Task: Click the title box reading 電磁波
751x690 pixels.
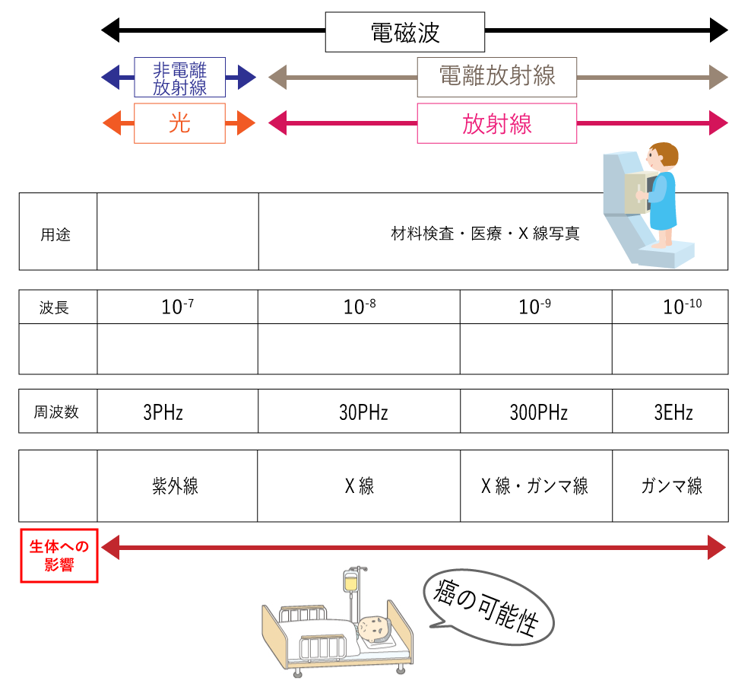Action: coord(404,33)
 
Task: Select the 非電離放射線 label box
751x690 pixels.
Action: coord(180,78)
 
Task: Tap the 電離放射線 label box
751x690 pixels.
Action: coord(496,77)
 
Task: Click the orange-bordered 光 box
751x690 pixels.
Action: coord(180,123)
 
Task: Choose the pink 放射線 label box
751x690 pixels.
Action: coord(496,123)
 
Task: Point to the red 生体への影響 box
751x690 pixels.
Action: coord(59,555)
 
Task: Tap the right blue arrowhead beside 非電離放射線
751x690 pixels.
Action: coord(246,77)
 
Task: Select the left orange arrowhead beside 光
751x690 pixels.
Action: coord(112,123)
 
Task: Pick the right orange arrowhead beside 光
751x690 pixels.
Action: coord(246,123)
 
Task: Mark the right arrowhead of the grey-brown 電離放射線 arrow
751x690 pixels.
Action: coord(718,77)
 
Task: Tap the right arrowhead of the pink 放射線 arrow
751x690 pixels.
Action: coord(718,123)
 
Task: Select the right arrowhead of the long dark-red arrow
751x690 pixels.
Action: coord(717,547)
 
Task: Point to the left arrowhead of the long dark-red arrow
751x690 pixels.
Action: coord(111,547)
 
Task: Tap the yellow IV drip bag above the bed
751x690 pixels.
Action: coord(351,583)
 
